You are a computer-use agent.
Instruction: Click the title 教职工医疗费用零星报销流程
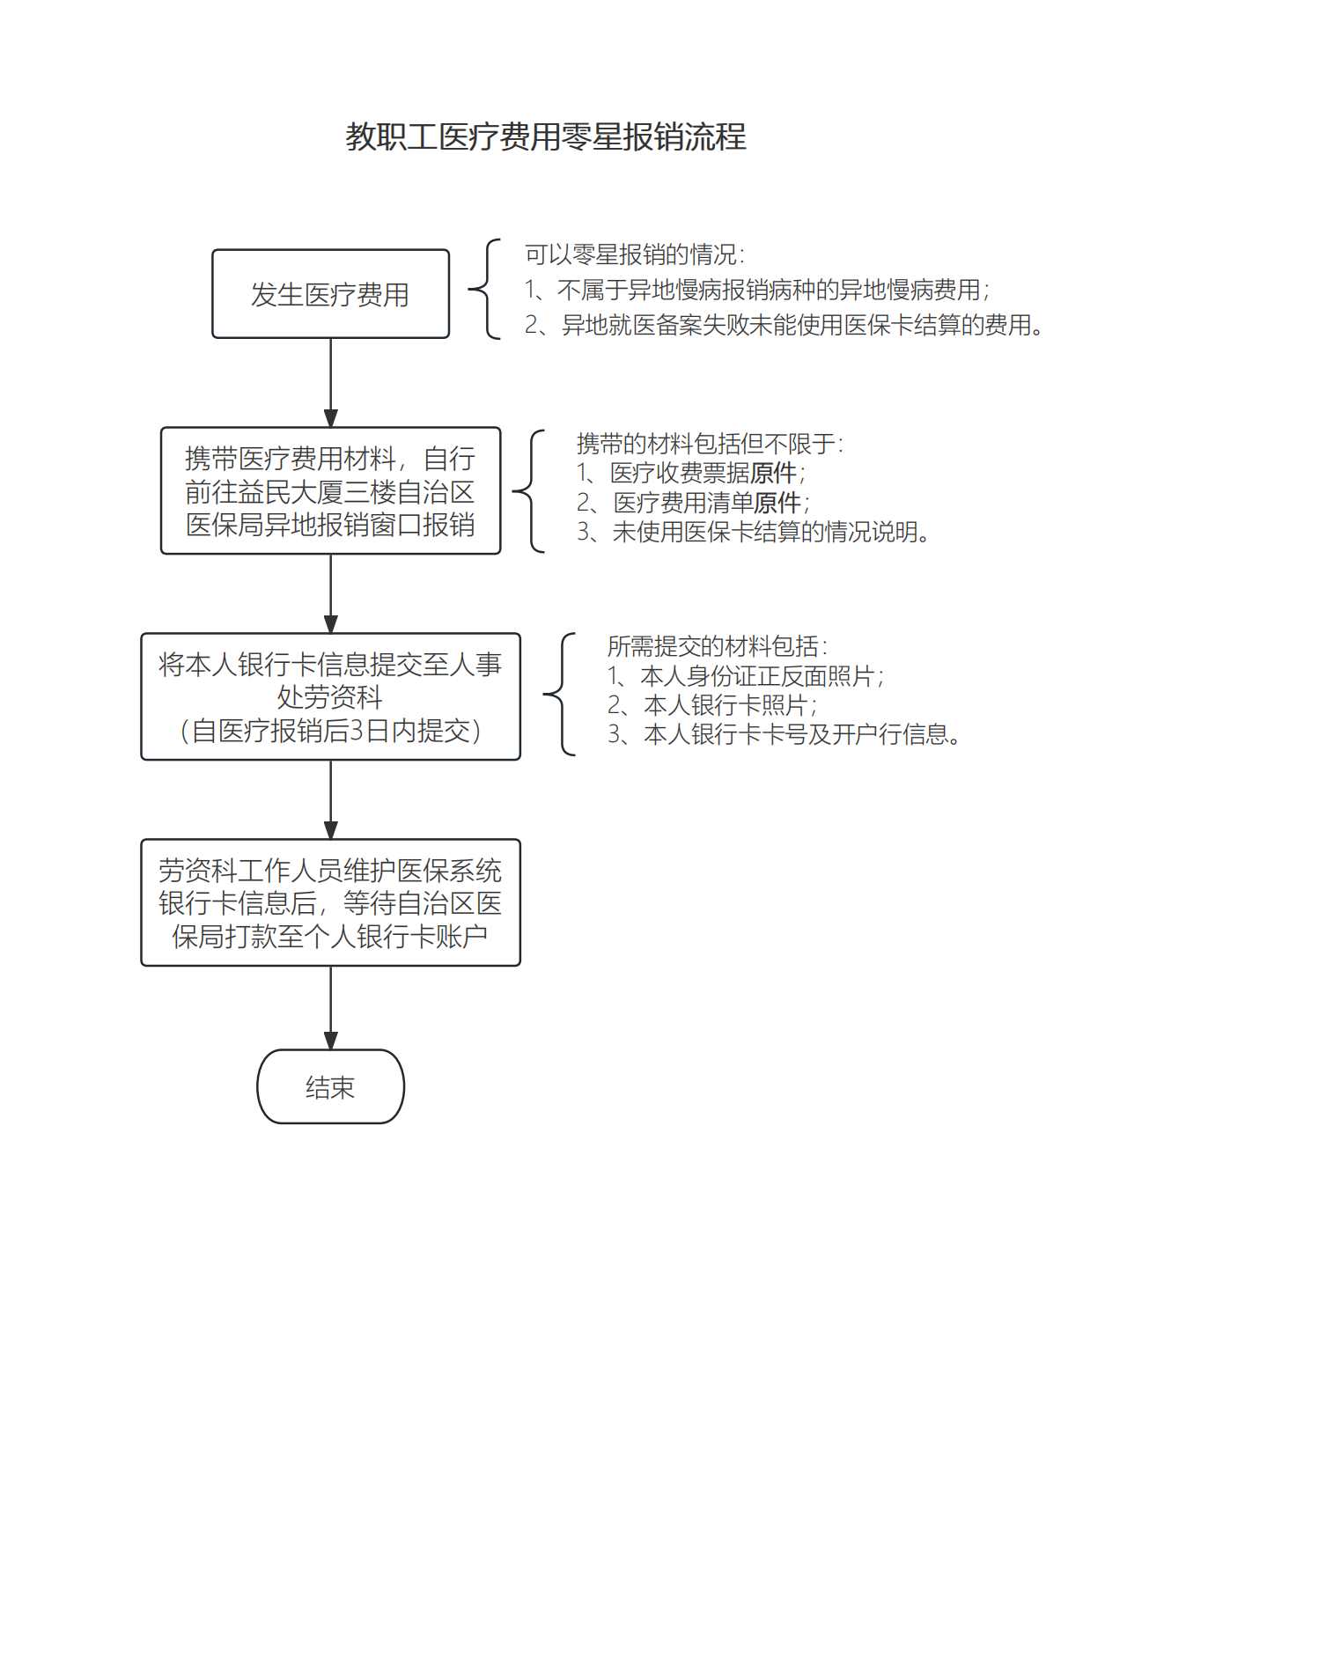click(x=546, y=137)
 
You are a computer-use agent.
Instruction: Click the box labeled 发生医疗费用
click(x=330, y=294)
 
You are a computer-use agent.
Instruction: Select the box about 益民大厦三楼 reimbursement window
click(x=330, y=491)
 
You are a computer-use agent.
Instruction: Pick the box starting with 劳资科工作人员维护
click(x=330, y=902)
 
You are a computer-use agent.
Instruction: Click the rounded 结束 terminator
click(x=330, y=1087)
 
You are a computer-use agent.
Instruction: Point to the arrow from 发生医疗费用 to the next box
click(x=330, y=382)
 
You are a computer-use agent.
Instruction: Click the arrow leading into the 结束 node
click(x=330, y=1007)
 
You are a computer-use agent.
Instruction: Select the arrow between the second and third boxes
click(x=330, y=593)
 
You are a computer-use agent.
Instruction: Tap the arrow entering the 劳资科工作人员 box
click(x=330, y=799)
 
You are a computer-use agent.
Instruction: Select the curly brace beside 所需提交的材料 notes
click(x=562, y=695)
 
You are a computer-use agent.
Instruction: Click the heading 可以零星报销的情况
click(x=634, y=255)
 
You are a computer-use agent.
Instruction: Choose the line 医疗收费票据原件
click(x=691, y=474)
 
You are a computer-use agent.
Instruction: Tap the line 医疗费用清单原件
click(x=694, y=503)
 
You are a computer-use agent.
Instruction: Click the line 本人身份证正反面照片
click(x=747, y=676)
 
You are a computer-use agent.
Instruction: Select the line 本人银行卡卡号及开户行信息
click(x=784, y=734)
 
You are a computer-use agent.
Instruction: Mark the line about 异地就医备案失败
click(x=784, y=326)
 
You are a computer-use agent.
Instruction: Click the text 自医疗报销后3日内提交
click(x=330, y=731)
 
